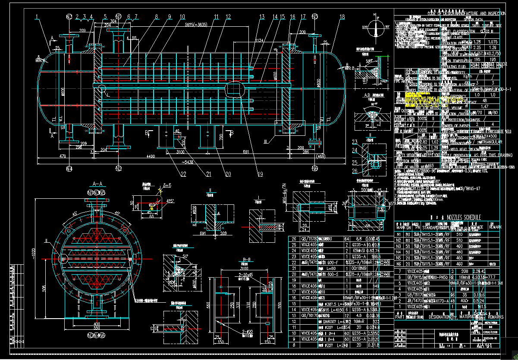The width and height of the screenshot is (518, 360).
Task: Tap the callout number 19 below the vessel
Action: tap(260, 174)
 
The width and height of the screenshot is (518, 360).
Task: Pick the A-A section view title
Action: tap(97, 184)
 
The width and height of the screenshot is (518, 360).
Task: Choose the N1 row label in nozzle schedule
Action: tap(399, 234)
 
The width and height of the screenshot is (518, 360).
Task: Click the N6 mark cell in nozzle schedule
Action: tap(399, 263)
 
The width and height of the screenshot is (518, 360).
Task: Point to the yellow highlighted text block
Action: tap(420, 100)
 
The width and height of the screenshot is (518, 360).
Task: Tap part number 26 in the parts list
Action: tap(294, 238)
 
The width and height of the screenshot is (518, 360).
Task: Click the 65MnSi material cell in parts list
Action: tap(360, 250)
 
